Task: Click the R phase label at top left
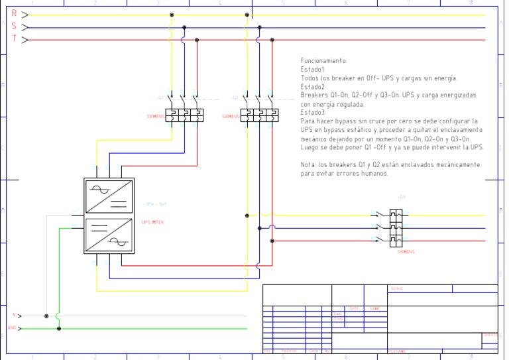[15, 13]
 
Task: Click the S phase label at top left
[15, 26]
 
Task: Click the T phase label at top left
[15, 38]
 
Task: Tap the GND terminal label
[11, 328]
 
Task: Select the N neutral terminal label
[13, 316]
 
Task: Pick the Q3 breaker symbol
[396, 227]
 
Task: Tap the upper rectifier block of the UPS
[109, 198]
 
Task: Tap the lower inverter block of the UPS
[109, 235]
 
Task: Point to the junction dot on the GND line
[59, 328]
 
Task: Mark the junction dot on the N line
[46, 316]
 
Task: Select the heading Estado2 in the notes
[313, 87]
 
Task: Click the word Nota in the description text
[308, 164]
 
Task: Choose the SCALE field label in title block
[397, 288]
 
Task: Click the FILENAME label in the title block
[397, 351]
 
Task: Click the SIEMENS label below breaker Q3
[406, 252]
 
